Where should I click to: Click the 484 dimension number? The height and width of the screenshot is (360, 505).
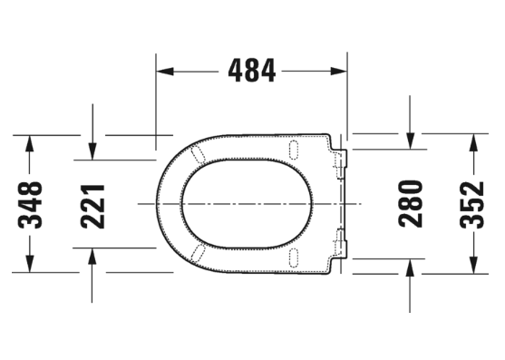pos(252,71)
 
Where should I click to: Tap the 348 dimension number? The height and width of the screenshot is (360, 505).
pos(30,205)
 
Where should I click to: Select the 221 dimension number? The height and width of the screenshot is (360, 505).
pos(92,206)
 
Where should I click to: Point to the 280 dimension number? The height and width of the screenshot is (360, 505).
pos(411,203)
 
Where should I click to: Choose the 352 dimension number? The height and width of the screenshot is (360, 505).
pos(472,205)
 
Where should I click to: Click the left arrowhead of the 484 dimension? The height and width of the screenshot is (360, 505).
pos(165,71)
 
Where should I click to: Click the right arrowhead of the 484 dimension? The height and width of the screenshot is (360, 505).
pos(338,71)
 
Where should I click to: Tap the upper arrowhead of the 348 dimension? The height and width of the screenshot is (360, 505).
pos(30,143)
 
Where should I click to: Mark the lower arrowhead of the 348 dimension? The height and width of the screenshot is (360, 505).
pos(30,264)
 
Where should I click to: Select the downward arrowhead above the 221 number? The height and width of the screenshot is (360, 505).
pos(92,151)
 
